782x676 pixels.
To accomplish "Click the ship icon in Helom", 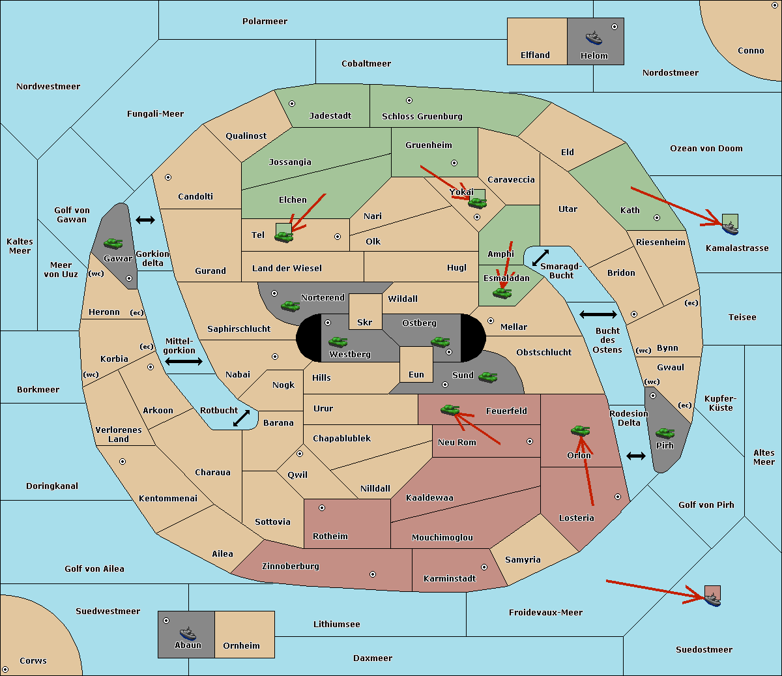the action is coord(594,38).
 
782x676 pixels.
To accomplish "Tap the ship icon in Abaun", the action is coord(188,634).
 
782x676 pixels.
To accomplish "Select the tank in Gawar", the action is coord(113,243).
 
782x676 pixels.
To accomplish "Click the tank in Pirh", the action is coord(665,433).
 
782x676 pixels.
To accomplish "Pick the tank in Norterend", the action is coord(291,306).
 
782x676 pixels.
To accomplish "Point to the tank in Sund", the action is coord(487,377).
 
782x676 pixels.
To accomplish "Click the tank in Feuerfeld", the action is coord(450,409).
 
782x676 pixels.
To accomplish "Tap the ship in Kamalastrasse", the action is coord(730,228).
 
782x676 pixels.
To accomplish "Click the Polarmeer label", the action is coord(265,22).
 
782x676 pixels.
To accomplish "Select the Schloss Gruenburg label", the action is coord(422,116).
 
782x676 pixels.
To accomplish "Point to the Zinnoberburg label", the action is coord(291,566).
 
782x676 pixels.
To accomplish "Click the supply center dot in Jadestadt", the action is coord(292,104).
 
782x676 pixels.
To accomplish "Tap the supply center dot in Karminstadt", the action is coord(484,567).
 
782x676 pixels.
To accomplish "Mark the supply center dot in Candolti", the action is coord(168,177).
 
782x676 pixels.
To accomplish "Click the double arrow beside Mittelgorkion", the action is coord(184,362).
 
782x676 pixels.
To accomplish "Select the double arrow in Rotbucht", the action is coord(241,418).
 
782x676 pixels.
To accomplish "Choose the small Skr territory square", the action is coord(365,312).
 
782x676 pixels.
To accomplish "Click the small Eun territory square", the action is coord(416,364).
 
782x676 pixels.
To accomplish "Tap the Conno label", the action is coord(751,50).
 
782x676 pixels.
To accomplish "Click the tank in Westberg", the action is coord(338,342).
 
